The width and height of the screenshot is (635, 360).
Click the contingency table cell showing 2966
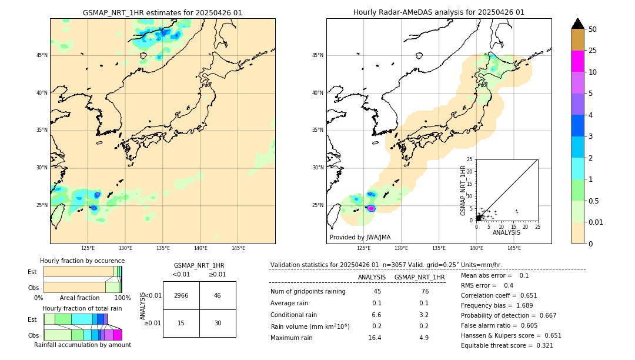point(181,295)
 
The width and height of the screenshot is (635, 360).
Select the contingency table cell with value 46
point(218,295)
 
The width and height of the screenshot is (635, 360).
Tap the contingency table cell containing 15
point(181,323)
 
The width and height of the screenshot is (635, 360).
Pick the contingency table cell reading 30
point(218,323)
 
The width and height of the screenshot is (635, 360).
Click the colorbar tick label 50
point(593,29)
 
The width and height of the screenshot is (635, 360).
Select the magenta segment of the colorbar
point(578,61)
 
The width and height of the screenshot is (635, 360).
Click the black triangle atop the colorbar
point(578,24)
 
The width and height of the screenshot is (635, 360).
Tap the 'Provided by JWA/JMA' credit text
point(360,237)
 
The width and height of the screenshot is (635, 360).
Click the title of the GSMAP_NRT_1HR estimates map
point(162,12)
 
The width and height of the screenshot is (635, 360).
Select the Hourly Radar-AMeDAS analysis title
point(439,12)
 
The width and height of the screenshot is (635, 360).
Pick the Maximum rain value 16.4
point(375,338)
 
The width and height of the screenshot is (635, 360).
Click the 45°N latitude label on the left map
point(42,55)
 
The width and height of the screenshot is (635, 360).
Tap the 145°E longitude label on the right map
point(514,248)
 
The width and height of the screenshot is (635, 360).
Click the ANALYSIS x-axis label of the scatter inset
point(506,232)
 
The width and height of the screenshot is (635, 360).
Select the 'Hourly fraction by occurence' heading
point(82,261)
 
